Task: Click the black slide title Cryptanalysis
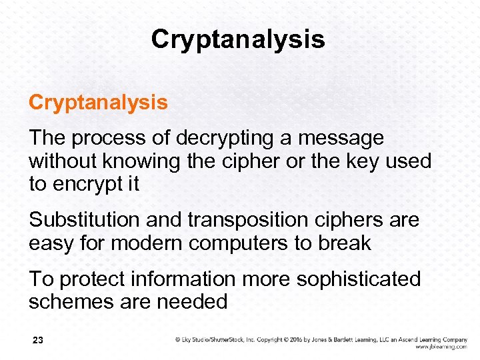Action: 238,39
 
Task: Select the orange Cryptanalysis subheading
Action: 98,103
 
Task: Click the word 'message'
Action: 341,138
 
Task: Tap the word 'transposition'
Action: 247,219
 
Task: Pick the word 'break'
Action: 345,243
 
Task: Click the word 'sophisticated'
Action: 358,279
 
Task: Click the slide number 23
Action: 37,341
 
